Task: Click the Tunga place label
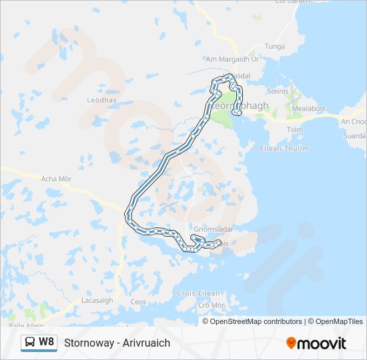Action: coord(275,46)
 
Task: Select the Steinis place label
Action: coord(278,91)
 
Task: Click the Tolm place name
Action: coord(294,129)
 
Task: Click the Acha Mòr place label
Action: coord(57,179)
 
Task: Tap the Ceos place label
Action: coord(139,302)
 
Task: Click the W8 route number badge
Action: coord(46,342)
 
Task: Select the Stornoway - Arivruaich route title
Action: coord(117,343)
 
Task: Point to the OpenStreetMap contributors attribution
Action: coord(256,321)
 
